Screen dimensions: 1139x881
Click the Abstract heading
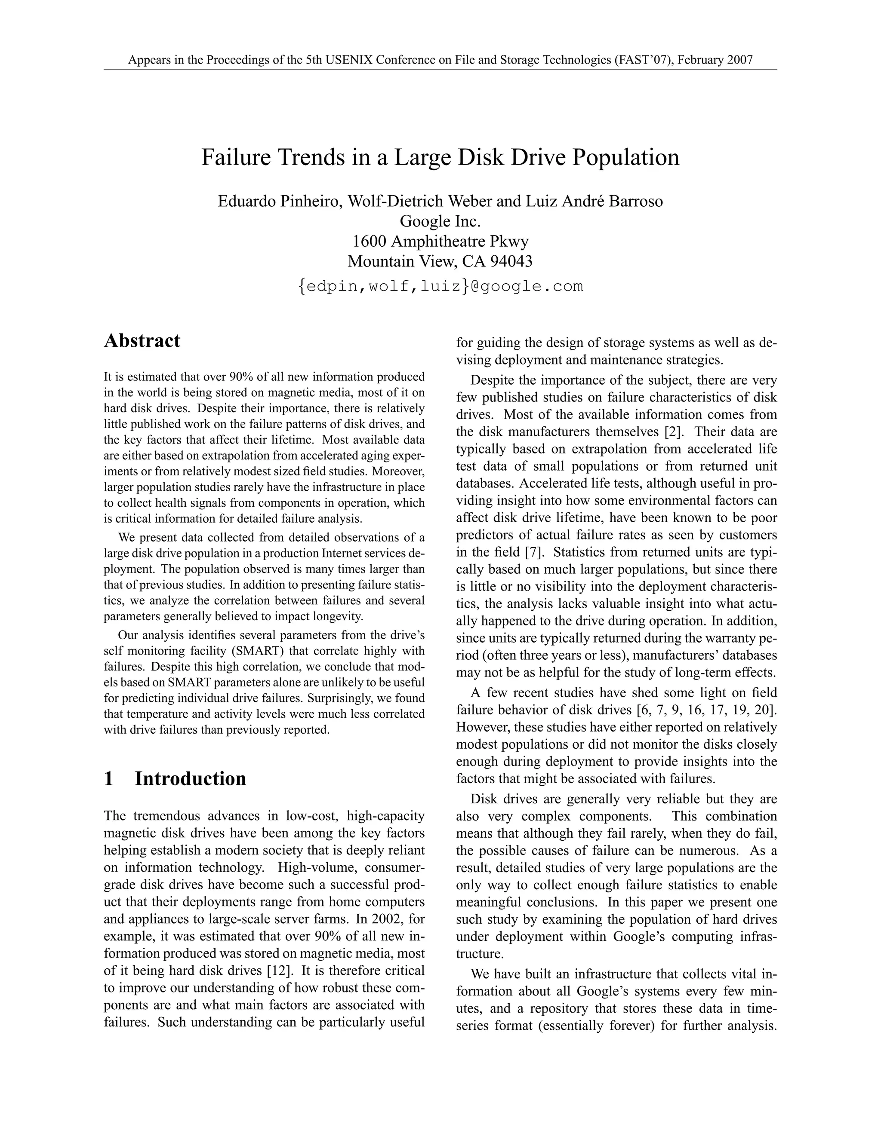142,340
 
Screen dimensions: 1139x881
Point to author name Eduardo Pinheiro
278,201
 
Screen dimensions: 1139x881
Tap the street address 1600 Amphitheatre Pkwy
440,241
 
